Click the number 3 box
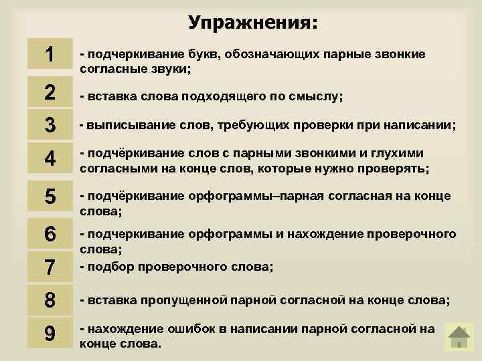click(x=50, y=125)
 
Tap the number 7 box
click(x=50, y=267)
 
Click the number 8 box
click(x=50, y=299)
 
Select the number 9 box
click(x=50, y=332)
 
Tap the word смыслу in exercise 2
click(x=316, y=96)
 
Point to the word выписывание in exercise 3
click(x=116, y=125)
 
